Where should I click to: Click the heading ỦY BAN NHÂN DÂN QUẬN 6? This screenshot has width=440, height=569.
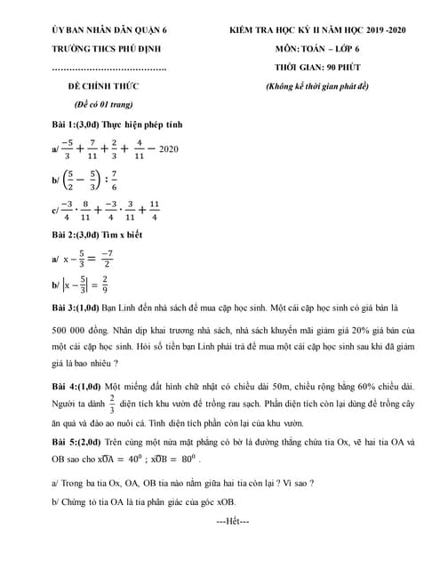point(109,31)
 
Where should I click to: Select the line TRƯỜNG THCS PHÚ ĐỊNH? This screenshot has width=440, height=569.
point(107,49)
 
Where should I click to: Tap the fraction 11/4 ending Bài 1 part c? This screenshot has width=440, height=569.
point(155,213)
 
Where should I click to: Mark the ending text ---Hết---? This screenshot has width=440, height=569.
point(233,520)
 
